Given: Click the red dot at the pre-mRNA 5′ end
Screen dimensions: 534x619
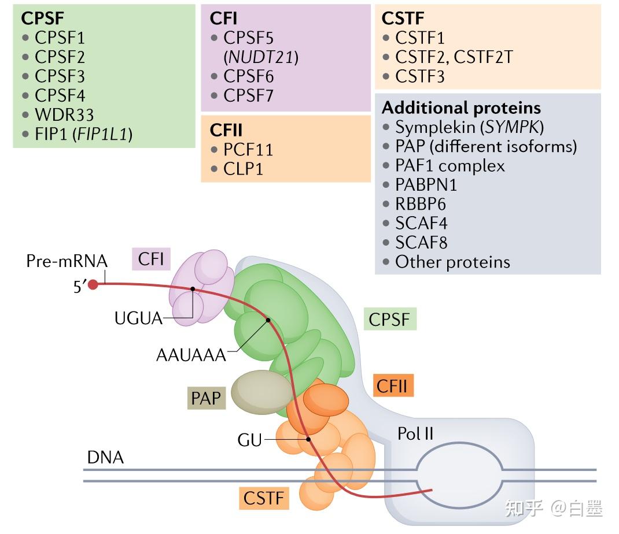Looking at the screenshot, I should click(93, 284).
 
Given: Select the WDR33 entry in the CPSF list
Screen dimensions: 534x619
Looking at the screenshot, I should click(64, 114).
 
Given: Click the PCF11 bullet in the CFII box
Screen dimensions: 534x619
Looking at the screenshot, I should click(248, 150).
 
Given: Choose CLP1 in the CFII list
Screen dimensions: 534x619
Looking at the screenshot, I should click(244, 169).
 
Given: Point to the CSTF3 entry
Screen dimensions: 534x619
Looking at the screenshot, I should click(419, 76).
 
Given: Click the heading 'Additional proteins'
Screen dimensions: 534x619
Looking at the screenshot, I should click(461, 108).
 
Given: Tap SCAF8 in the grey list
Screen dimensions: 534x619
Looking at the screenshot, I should click(421, 242).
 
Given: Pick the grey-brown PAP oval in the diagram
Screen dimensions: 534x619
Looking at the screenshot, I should click(261, 393).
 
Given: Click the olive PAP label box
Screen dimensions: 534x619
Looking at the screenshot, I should click(207, 398).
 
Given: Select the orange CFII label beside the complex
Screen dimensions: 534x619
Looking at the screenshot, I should click(393, 385).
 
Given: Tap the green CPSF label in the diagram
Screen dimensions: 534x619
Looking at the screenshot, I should click(389, 318).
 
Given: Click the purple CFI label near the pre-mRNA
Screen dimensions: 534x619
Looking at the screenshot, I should click(151, 258).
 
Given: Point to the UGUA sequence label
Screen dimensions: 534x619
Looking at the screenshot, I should click(139, 317).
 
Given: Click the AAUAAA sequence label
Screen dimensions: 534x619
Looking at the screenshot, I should click(191, 354).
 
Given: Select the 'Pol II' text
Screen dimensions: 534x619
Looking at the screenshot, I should click(415, 433).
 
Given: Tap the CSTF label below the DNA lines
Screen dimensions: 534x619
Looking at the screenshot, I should click(264, 498).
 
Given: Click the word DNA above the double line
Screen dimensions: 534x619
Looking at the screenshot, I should click(105, 458).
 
